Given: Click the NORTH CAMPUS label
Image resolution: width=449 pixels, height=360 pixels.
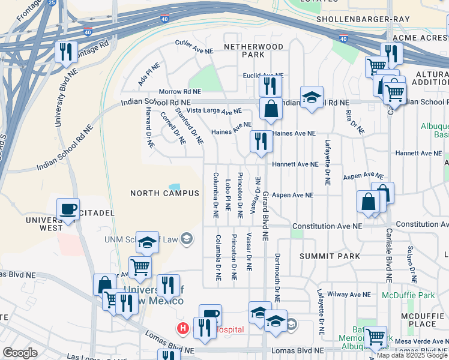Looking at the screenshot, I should tap(165, 193).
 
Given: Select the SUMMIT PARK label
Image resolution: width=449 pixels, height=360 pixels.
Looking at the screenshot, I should tap(330, 256).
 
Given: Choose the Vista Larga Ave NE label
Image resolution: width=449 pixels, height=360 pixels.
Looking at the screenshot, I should tap(214, 111).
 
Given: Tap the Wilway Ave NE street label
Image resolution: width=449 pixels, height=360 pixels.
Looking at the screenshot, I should tap(348, 295).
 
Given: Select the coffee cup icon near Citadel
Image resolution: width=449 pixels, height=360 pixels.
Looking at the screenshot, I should tap(67, 209).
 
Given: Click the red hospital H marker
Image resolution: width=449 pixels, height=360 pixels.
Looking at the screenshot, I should tap(182, 328).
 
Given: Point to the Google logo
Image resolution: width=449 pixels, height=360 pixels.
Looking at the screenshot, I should tap(20, 353).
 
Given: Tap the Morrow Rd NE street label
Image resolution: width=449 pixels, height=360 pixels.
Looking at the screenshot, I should tap(179, 92).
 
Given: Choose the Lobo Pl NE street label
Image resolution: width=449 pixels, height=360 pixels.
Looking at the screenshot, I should tap(228, 195).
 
